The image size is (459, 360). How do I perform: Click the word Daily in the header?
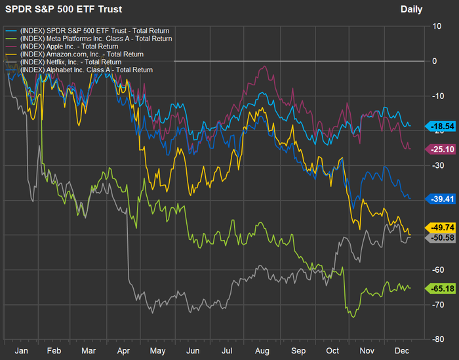411,9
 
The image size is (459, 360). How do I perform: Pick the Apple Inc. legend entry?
73,47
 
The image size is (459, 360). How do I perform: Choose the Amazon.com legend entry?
82,54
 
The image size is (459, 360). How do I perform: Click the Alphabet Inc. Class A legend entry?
87,70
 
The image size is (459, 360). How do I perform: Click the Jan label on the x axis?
21,350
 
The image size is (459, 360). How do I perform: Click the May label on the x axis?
157,350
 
